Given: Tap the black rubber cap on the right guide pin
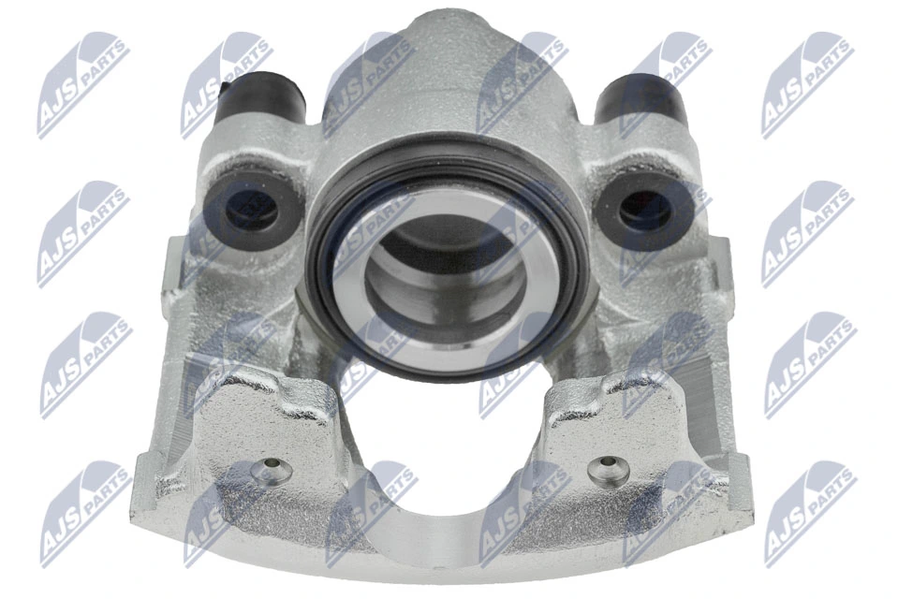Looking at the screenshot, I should pos(642,98).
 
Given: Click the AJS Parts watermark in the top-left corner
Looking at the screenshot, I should pos(83,83).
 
